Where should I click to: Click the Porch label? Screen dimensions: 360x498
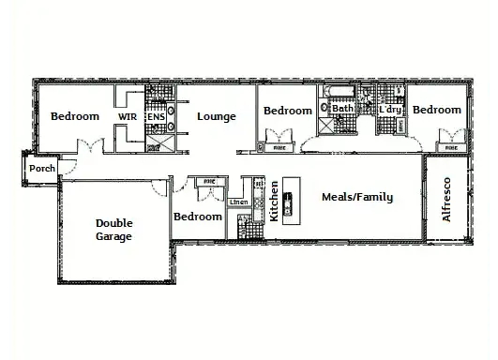pyautogui.click(x=41, y=169)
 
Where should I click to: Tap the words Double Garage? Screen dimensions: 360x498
pyautogui.click(x=113, y=230)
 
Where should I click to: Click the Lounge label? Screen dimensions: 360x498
pyautogui.click(x=216, y=116)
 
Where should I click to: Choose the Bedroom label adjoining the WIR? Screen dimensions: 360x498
pyautogui.click(x=74, y=116)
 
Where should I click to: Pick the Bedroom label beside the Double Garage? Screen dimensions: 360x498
pyautogui.click(x=198, y=217)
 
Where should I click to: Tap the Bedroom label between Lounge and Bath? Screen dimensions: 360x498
pyautogui.click(x=287, y=111)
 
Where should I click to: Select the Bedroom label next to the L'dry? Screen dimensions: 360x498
pyautogui.click(x=437, y=110)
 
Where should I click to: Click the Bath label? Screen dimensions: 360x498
pyautogui.click(x=343, y=109)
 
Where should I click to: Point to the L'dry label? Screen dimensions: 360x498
pyautogui.click(x=390, y=110)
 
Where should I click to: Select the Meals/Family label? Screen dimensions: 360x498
pyautogui.click(x=356, y=197)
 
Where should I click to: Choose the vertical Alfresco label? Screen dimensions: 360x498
pyautogui.click(x=446, y=199)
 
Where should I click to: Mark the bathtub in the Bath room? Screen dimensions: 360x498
pyautogui.click(x=338, y=92)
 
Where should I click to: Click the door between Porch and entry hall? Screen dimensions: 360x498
pyautogui.click(x=62, y=168)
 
